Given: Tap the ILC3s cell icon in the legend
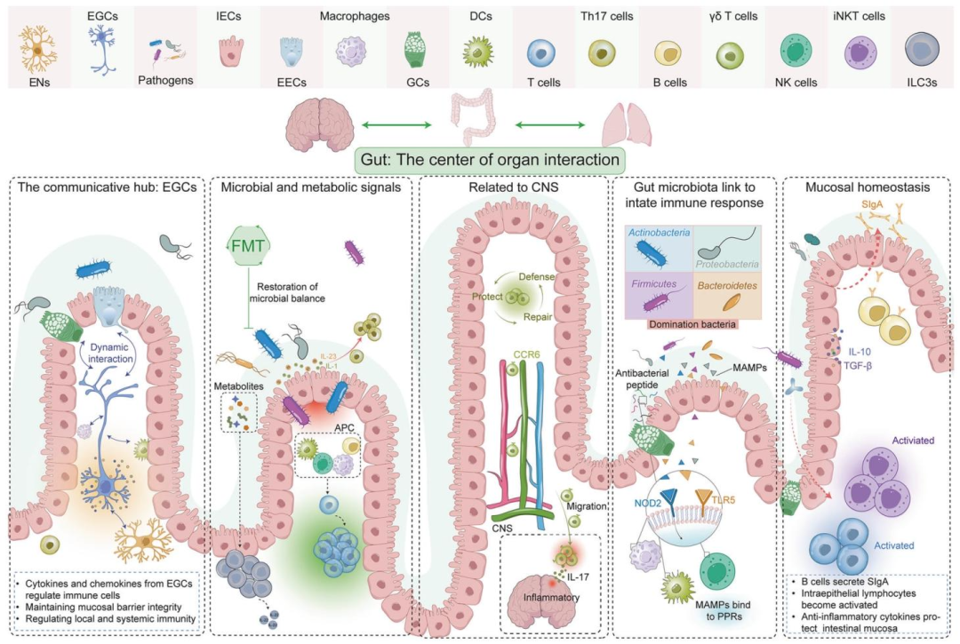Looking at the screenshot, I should (923, 47).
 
